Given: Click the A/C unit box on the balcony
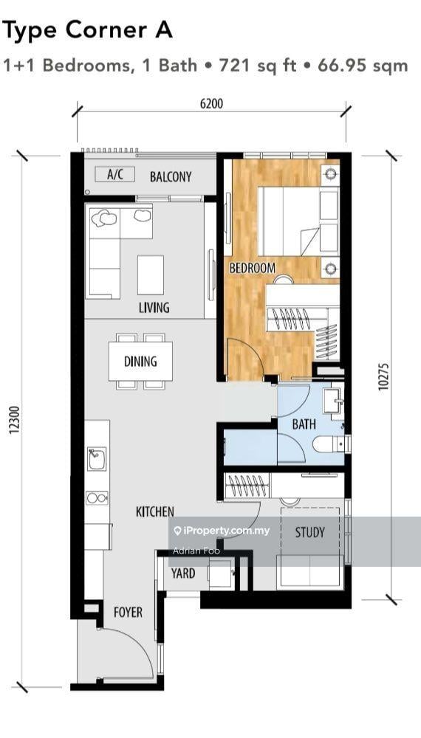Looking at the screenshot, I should pyautogui.click(x=115, y=176).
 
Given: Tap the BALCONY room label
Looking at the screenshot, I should pyautogui.click(x=171, y=177).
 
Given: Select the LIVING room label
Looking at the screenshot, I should pyautogui.click(x=154, y=307).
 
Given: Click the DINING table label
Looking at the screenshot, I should pyautogui.click(x=140, y=362).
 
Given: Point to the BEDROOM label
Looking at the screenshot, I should pyautogui.click(x=252, y=268).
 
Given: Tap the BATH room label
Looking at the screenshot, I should pyautogui.click(x=304, y=424).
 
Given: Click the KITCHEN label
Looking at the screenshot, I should pyautogui.click(x=155, y=511).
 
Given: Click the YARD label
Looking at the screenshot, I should pyautogui.click(x=183, y=573).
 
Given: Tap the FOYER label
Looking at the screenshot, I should pyautogui.click(x=128, y=613).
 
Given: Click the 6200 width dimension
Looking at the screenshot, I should pyautogui.click(x=211, y=104).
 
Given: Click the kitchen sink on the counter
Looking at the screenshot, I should pyautogui.click(x=97, y=462).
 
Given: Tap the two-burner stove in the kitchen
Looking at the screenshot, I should pyautogui.click(x=97, y=497).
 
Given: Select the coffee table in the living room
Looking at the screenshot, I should pyautogui.click(x=151, y=275).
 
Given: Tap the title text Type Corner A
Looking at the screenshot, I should pyautogui.click(x=88, y=30).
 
